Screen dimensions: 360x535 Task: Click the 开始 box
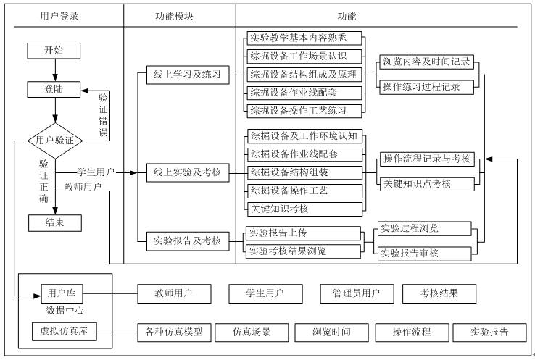click(54, 50)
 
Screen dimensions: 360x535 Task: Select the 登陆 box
click(54, 88)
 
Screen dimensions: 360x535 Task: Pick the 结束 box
click(54, 222)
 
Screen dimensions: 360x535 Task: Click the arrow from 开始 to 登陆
click(54, 70)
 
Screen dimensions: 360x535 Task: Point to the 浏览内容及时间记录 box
click(426, 62)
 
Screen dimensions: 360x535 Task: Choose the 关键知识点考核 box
click(426, 184)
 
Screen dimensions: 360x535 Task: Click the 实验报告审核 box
click(426, 253)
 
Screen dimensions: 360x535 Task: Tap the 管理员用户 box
click(356, 293)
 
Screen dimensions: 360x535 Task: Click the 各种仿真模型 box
click(174, 332)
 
